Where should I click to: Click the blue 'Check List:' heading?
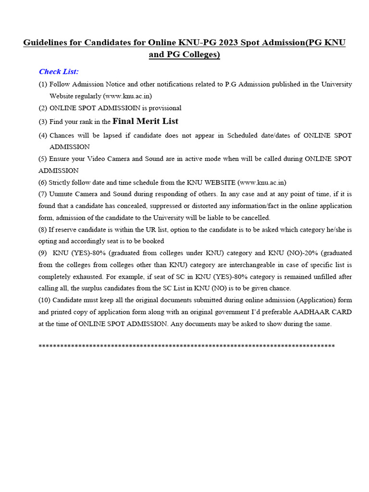tap(59, 72)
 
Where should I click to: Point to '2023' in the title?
tap(228, 43)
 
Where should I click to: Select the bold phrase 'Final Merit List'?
tap(145, 121)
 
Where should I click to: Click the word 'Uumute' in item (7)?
tap(60, 194)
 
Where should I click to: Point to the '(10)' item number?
tap(45, 300)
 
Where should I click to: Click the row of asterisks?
tap(186, 346)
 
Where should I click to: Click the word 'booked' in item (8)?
tap(153, 241)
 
